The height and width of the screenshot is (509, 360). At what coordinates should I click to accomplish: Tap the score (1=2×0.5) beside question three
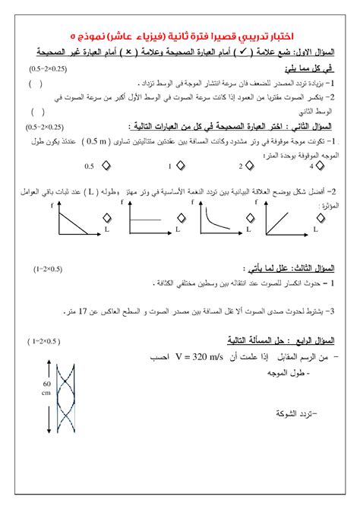pos(47,269)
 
